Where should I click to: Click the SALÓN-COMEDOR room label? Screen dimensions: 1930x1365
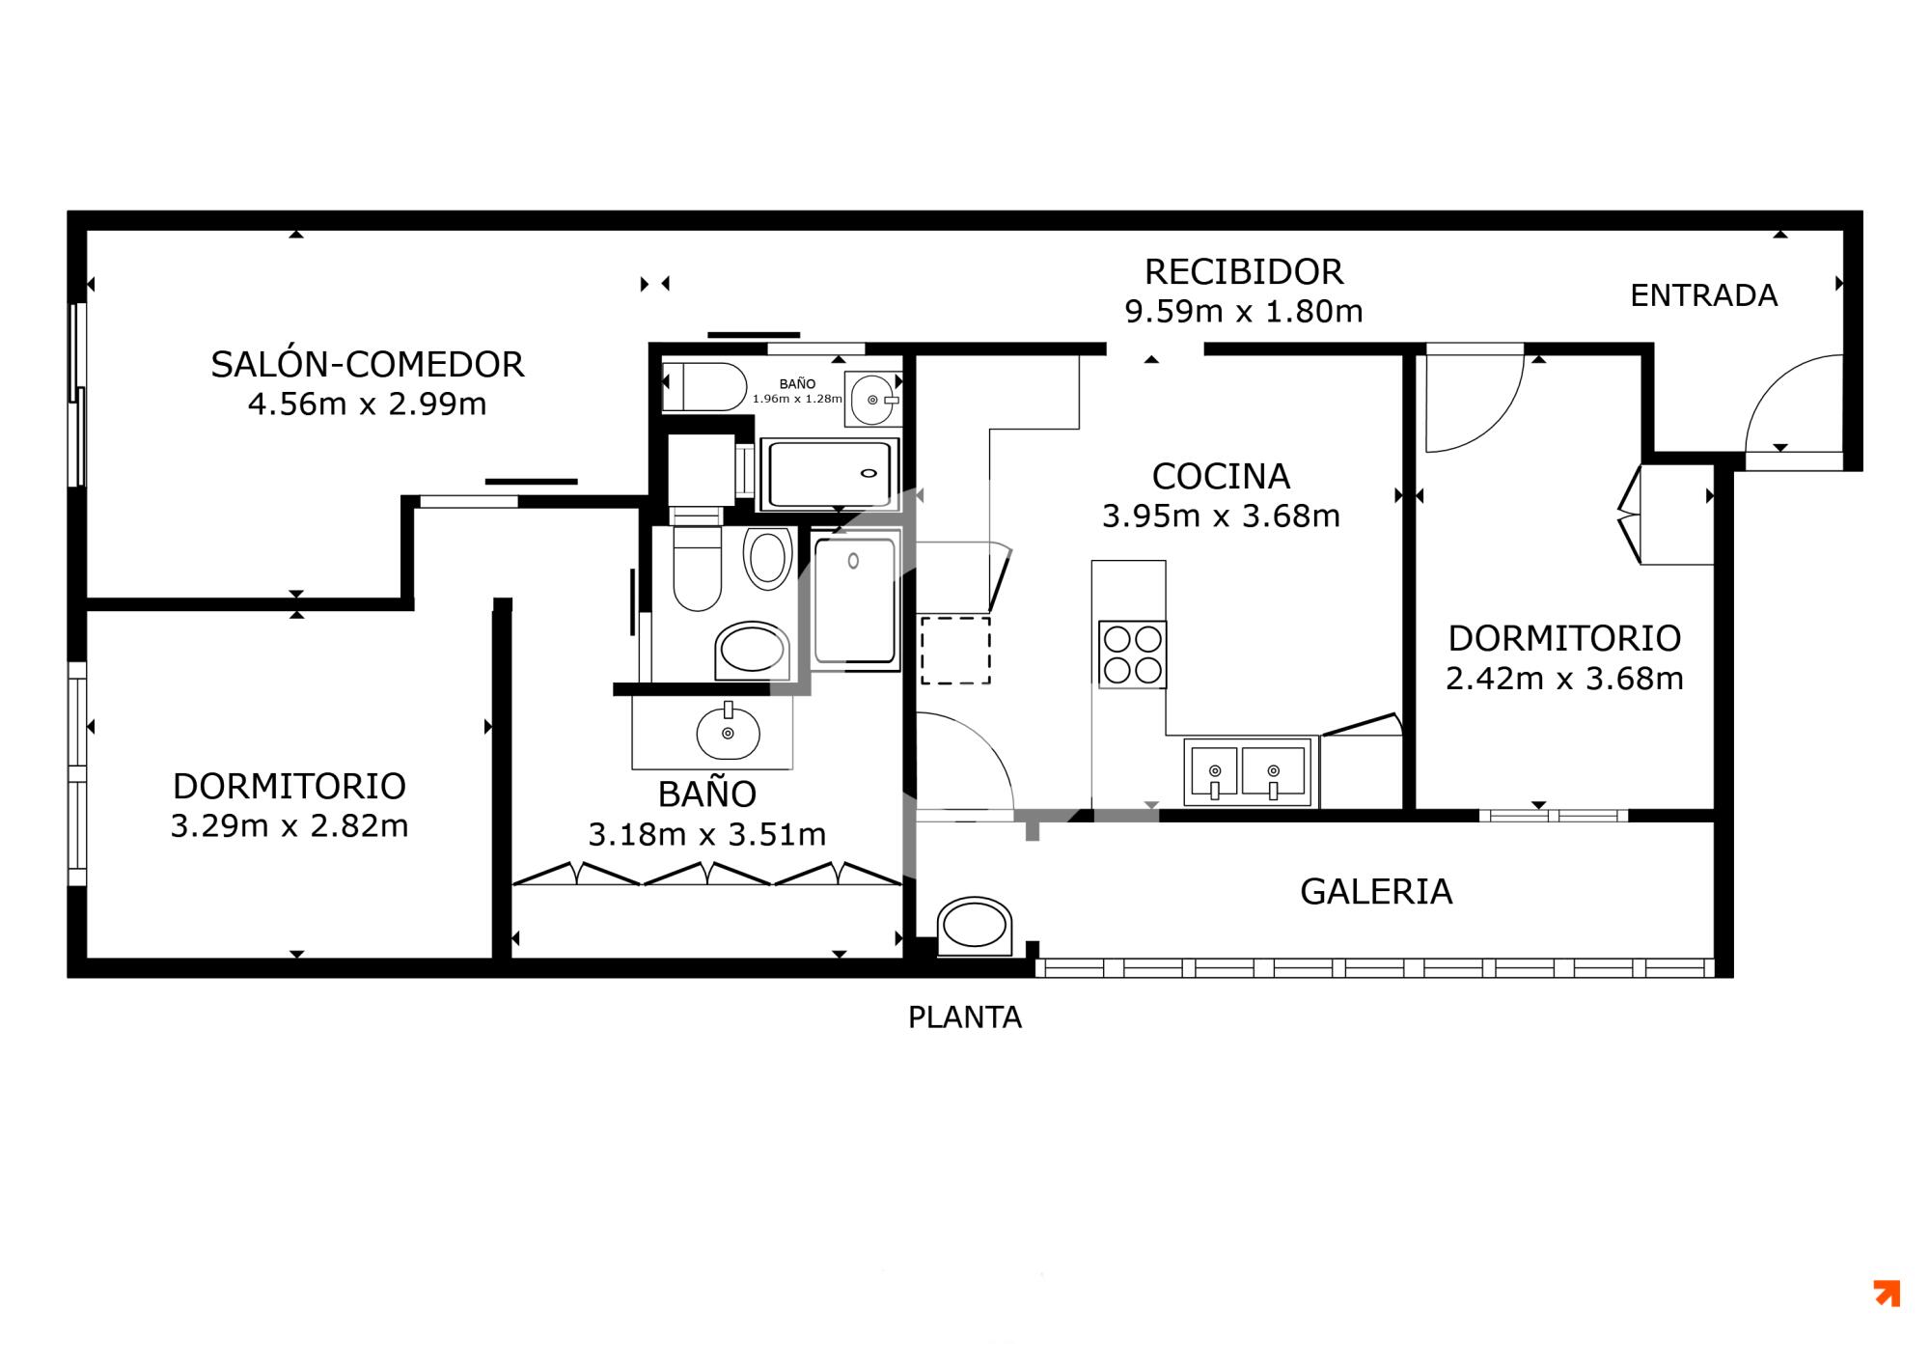point(368,365)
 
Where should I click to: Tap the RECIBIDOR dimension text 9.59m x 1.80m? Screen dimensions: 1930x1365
point(1244,312)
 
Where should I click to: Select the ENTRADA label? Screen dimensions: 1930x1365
point(1704,295)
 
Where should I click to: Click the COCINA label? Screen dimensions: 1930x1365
point(1221,476)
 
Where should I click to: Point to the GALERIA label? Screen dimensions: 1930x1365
point(1376,891)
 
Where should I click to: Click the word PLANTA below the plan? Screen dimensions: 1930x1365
point(965,1017)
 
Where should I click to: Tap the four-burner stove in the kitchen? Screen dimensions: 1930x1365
point(1133,655)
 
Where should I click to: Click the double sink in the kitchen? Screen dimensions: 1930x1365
point(1247,771)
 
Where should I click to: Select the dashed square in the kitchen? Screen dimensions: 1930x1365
point(955,651)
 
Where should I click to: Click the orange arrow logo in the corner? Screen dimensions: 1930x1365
point(1887,1294)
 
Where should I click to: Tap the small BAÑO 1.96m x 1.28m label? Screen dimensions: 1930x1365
point(797,391)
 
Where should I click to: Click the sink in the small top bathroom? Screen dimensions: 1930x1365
point(872,399)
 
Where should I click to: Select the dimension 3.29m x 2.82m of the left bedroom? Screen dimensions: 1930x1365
point(289,826)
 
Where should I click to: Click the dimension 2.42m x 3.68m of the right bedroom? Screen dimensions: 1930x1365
point(1564,679)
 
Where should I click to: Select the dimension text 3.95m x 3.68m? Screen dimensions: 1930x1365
point(1221,516)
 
